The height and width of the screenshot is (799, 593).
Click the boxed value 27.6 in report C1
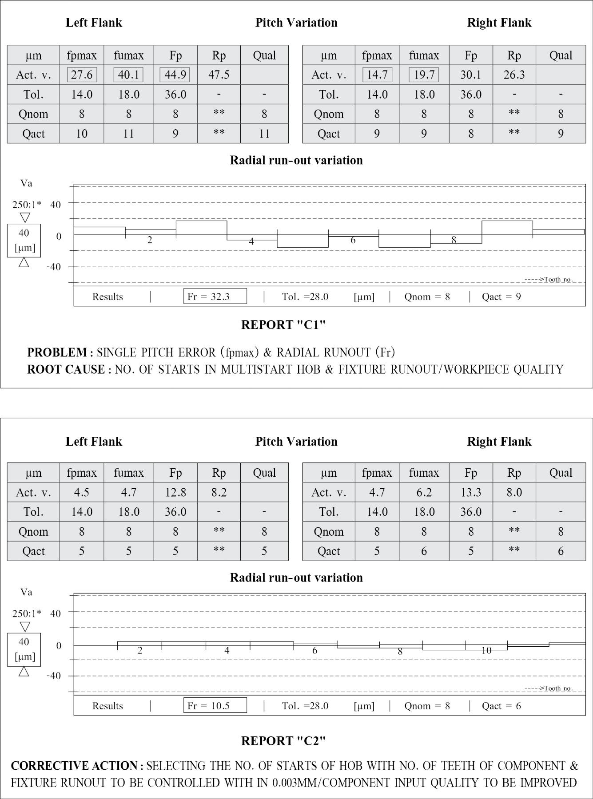click(82, 75)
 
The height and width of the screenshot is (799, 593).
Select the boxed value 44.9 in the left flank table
click(175, 75)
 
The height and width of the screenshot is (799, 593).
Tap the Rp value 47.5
click(219, 75)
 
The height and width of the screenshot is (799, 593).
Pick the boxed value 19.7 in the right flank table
click(424, 75)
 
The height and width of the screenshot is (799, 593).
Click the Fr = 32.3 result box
click(215, 297)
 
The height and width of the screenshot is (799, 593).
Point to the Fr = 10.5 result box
click(215, 706)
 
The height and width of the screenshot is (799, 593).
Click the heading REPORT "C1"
click(283, 325)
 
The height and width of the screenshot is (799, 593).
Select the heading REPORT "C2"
click(283, 741)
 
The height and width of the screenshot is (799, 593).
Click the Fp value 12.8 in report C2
click(175, 492)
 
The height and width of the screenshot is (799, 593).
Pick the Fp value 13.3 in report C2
click(470, 492)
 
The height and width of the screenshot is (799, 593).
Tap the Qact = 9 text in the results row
click(501, 297)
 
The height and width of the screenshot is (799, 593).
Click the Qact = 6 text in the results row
click(501, 706)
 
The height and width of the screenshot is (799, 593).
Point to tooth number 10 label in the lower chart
click(486, 650)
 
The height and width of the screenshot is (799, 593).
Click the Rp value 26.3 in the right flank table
click(514, 75)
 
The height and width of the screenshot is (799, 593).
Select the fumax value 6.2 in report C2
click(424, 492)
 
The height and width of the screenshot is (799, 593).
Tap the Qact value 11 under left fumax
click(128, 134)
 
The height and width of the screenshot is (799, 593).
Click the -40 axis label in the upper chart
click(54, 267)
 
